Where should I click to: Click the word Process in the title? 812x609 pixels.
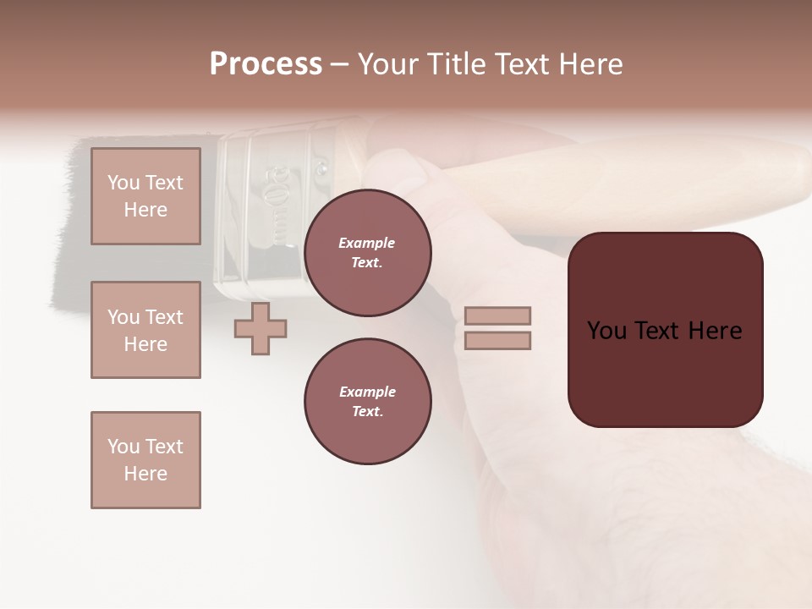click(x=266, y=64)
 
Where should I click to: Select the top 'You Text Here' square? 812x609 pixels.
click(x=145, y=196)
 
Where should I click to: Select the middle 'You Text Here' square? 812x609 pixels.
click(x=145, y=330)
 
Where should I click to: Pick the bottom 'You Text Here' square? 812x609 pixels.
click(x=145, y=460)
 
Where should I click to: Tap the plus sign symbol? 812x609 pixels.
click(x=261, y=329)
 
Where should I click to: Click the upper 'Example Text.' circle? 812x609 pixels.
click(x=367, y=253)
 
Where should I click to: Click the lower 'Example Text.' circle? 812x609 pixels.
click(x=367, y=402)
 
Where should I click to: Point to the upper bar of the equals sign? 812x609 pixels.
click(x=497, y=315)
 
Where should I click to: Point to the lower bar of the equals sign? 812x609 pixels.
click(x=497, y=341)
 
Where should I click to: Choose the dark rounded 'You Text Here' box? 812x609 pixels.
click(x=665, y=330)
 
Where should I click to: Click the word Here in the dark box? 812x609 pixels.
click(x=715, y=331)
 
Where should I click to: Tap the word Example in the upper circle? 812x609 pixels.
click(x=367, y=244)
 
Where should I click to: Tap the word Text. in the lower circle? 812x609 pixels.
click(x=367, y=412)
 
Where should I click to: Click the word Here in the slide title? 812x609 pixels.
click(x=590, y=64)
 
